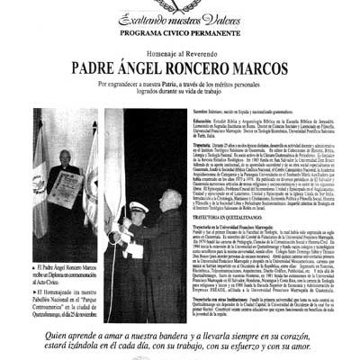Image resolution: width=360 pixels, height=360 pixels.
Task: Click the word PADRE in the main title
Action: (x=95, y=66)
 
